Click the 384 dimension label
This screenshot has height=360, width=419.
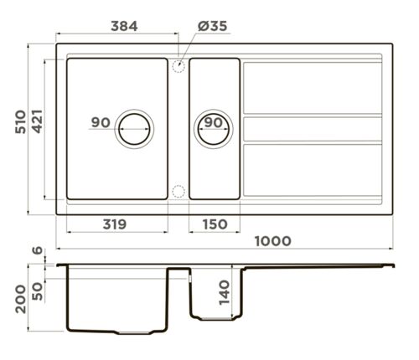pyautogui.click(x=124, y=26)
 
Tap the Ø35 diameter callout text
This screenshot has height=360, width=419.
pyautogui.click(x=212, y=26)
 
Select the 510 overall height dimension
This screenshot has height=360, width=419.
pyautogui.click(x=20, y=122)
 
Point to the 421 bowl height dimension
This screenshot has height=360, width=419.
pyautogui.click(x=37, y=121)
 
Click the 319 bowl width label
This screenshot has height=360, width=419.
pyautogui.click(x=115, y=224)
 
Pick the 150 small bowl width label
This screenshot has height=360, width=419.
pyautogui.click(x=215, y=224)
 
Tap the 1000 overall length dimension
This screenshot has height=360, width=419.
pyautogui.click(x=273, y=241)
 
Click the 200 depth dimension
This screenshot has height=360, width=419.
pyautogui.click(x=21, y=299)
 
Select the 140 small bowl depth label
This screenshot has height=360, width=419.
pyautogui.click(x=224, y=293)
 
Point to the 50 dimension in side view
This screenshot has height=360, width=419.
pyautogui.click(x=38, y=291)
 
